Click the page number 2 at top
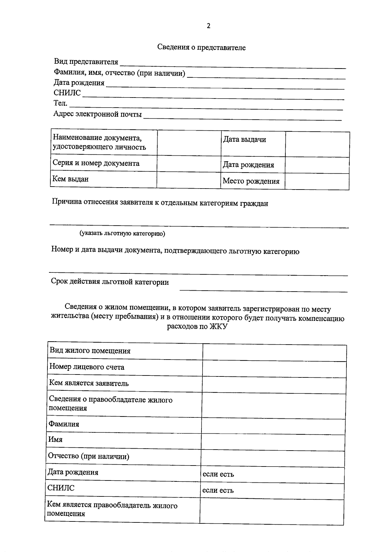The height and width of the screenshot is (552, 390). tap(208, 26)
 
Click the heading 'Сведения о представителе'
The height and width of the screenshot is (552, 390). tap(201, 47)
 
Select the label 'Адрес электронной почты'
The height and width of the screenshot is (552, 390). tap(97, 114)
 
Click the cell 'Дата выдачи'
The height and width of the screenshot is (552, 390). tap(244, 139)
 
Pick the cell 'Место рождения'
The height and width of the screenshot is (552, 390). tap(251, 181)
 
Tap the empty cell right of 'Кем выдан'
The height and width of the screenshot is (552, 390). tap(189, 179)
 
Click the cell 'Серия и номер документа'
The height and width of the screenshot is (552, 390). tap(96, 163)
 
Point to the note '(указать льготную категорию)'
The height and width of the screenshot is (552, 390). tap(122, 233)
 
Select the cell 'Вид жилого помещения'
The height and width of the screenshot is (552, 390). tap(90, 351)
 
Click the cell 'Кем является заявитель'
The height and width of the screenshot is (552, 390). tap(89, 383)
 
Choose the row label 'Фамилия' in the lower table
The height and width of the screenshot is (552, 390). tap(64, 424)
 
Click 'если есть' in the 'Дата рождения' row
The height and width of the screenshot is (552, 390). tap(218, 474)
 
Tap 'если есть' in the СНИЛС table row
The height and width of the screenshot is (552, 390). tap(218, 490)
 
